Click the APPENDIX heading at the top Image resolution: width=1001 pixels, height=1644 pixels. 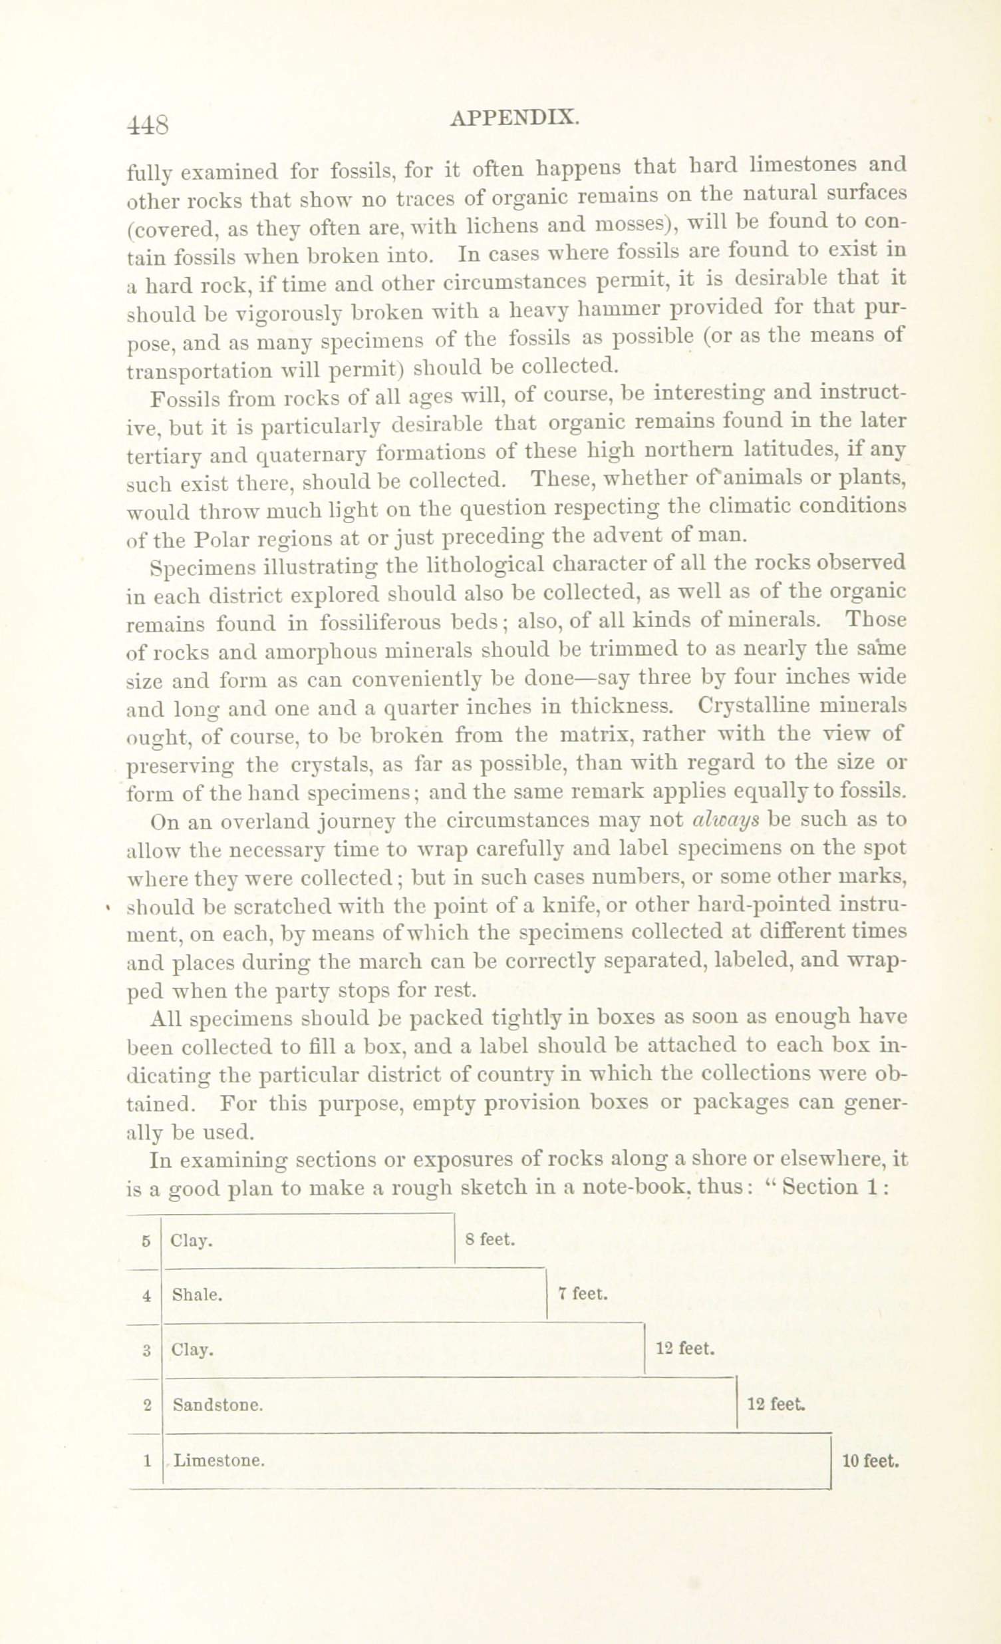pos(514,117)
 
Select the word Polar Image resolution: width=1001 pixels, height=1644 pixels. pos(226,538)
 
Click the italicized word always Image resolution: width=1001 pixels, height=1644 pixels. pos(726,820)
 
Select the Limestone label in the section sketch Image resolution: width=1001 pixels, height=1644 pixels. pos(219,1461)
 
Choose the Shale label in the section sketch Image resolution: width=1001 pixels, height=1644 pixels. pos(197,1295)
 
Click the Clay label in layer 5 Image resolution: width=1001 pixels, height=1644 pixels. pos(192,1241)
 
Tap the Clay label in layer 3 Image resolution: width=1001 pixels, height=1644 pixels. pos(192,1350)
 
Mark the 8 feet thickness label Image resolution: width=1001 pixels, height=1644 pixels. pos(491,1240)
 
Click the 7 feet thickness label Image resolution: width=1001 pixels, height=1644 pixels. pos(583,1295)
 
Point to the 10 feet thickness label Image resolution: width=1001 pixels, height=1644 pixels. pos(871,1461)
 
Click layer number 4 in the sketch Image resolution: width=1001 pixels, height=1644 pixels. pos(146,1296)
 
